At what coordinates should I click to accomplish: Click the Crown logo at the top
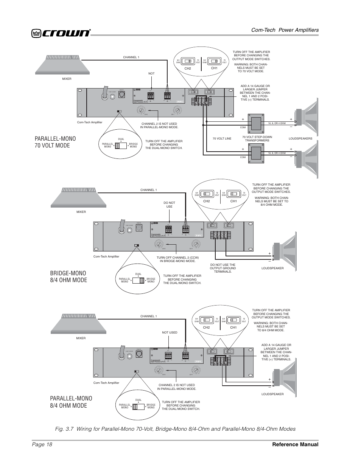[x=61, y=33]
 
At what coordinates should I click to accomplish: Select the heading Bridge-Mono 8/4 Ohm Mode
[x=68, y=276]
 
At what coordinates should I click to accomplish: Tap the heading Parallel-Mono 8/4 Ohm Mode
[x=71, y=402]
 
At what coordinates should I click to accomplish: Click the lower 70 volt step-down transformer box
[x=255, y=153]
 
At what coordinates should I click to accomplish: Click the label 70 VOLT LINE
[x=222, y=139]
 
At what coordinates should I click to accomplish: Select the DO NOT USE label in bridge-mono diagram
[x=169, y=205]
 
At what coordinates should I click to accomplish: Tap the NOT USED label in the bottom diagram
[x=170, y=333]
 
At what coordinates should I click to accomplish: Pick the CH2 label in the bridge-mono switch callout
[x=206, y=201]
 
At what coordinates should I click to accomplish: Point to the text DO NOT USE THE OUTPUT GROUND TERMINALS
[x=223, y=268]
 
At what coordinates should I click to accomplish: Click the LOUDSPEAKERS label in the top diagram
[x=300, y=139]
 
